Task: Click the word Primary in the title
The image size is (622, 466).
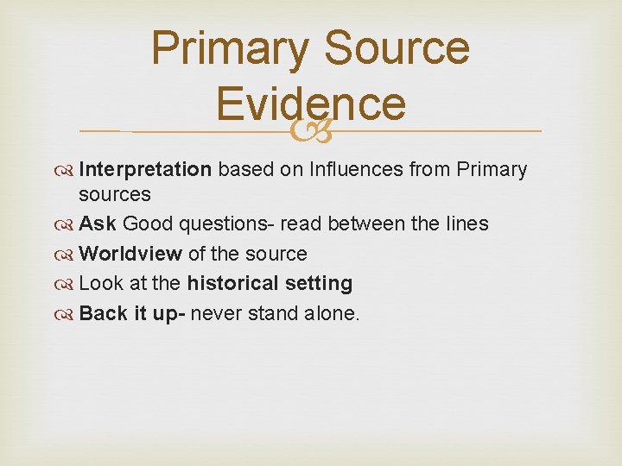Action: tap(228, 48)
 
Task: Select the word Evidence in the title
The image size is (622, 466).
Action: tap(310, 104)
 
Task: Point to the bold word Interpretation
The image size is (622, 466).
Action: tap(144, 170)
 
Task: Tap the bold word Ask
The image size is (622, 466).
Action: tap(98, 224)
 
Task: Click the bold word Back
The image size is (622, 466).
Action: tap(102, 313)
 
